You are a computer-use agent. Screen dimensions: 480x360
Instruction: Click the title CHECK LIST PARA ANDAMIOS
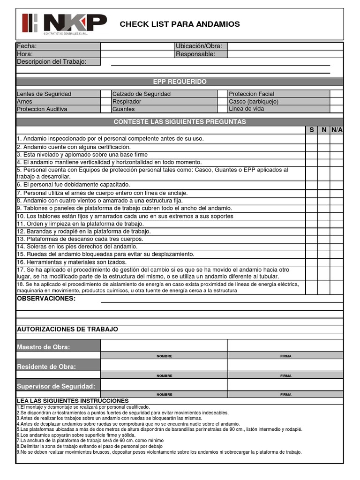pos(180,24)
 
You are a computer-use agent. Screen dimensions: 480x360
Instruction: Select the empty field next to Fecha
pos(137,46)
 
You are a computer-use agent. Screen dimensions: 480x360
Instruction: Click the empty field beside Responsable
pos(285,54)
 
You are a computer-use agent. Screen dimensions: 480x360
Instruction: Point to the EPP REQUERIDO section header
pos(180,82)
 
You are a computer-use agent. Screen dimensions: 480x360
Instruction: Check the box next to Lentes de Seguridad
pos(106,94)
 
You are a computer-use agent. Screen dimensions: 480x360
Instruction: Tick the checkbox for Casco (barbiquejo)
pos(336,101)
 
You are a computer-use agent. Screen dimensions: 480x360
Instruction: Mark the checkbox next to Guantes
pos(222,109)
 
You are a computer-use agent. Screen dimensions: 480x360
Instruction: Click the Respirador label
pos(127,101)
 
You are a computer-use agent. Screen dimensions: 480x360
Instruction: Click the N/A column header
pos(337,130)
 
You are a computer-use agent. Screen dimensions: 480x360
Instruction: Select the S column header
pos(312,130)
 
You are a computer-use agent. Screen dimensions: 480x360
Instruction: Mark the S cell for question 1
pos(312,139)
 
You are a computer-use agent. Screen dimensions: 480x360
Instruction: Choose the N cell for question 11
pos(324,224)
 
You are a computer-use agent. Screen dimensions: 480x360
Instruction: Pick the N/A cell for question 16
pos(337,262)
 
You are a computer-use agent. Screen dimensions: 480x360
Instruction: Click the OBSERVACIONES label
pos(46,299)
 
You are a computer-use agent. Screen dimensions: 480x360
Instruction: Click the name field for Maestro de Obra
pos(164,345)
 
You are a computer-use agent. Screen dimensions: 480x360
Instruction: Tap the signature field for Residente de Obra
pos(285,365)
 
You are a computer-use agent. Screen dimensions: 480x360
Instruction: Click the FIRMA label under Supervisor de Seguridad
pos(285,395)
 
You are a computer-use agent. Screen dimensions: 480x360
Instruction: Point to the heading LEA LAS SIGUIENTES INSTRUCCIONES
pos(73,401)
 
